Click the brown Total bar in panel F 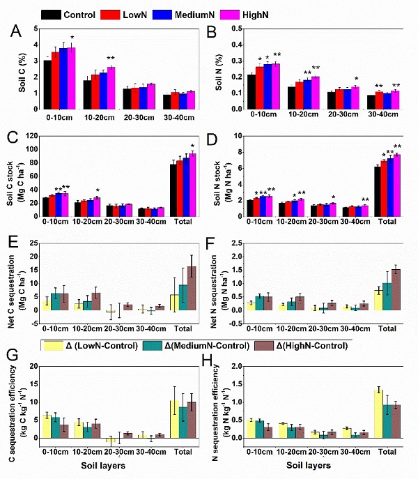[396, 290]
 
